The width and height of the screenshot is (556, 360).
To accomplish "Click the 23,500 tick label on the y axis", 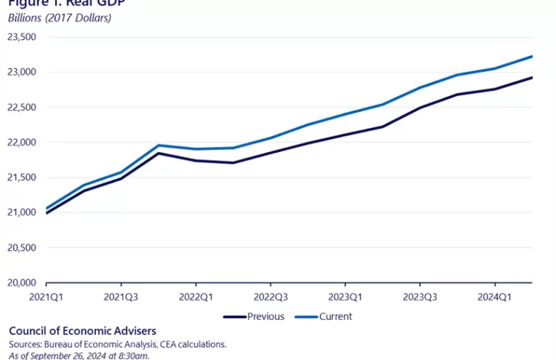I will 21,37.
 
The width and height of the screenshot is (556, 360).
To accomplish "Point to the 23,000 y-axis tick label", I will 21,72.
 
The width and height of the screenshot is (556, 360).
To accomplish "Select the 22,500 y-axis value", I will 21,107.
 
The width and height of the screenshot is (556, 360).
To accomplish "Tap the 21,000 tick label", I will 21,212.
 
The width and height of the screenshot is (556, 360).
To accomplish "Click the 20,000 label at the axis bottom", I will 21,283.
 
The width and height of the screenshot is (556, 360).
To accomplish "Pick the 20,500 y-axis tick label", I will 21,247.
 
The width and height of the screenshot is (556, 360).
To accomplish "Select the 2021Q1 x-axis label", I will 46,297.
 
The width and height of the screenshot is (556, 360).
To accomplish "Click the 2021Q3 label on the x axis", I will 121,297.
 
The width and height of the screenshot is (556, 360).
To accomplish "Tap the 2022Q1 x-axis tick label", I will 196,297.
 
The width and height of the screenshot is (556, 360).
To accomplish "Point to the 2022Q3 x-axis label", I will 270,297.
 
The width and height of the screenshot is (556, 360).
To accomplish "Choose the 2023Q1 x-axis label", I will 345,297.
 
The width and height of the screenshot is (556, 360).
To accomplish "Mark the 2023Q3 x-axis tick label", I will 420,297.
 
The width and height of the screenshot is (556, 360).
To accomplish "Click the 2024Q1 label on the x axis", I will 495,297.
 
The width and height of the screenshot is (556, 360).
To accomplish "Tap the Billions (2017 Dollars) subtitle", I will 60,17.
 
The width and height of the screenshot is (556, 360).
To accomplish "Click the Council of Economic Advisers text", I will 82,331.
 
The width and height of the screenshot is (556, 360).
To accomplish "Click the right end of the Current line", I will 532,56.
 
